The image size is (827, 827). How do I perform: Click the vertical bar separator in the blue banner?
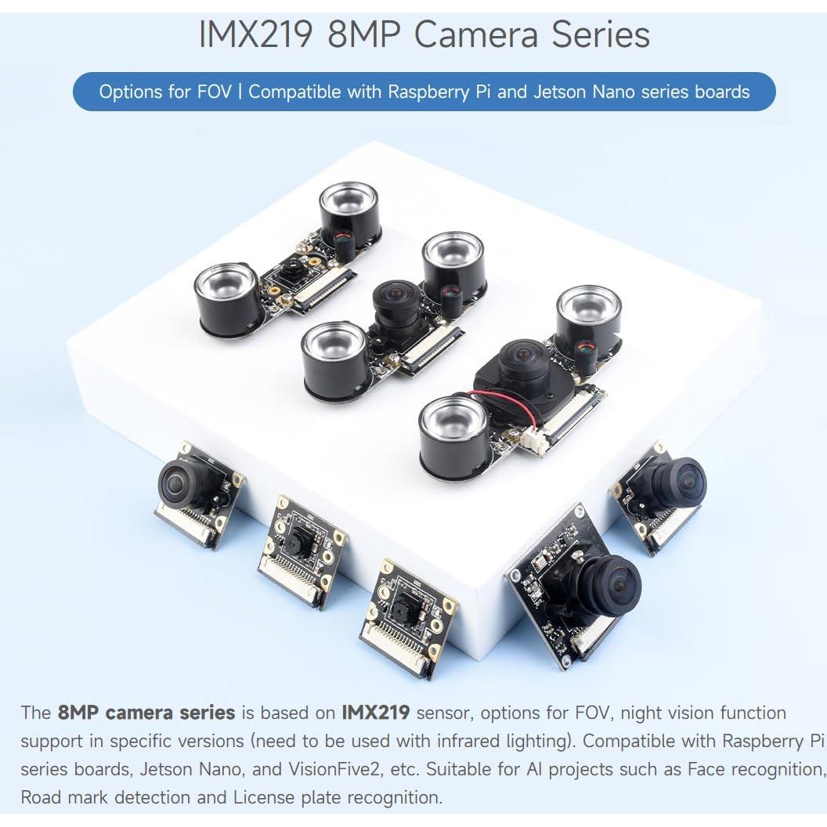(x=240, y=92)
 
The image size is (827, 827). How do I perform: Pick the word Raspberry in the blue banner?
(x=428, y=92)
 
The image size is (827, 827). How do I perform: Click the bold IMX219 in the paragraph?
(x=376, y=713)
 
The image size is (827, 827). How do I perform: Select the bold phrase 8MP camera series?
(x=146, y=713)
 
